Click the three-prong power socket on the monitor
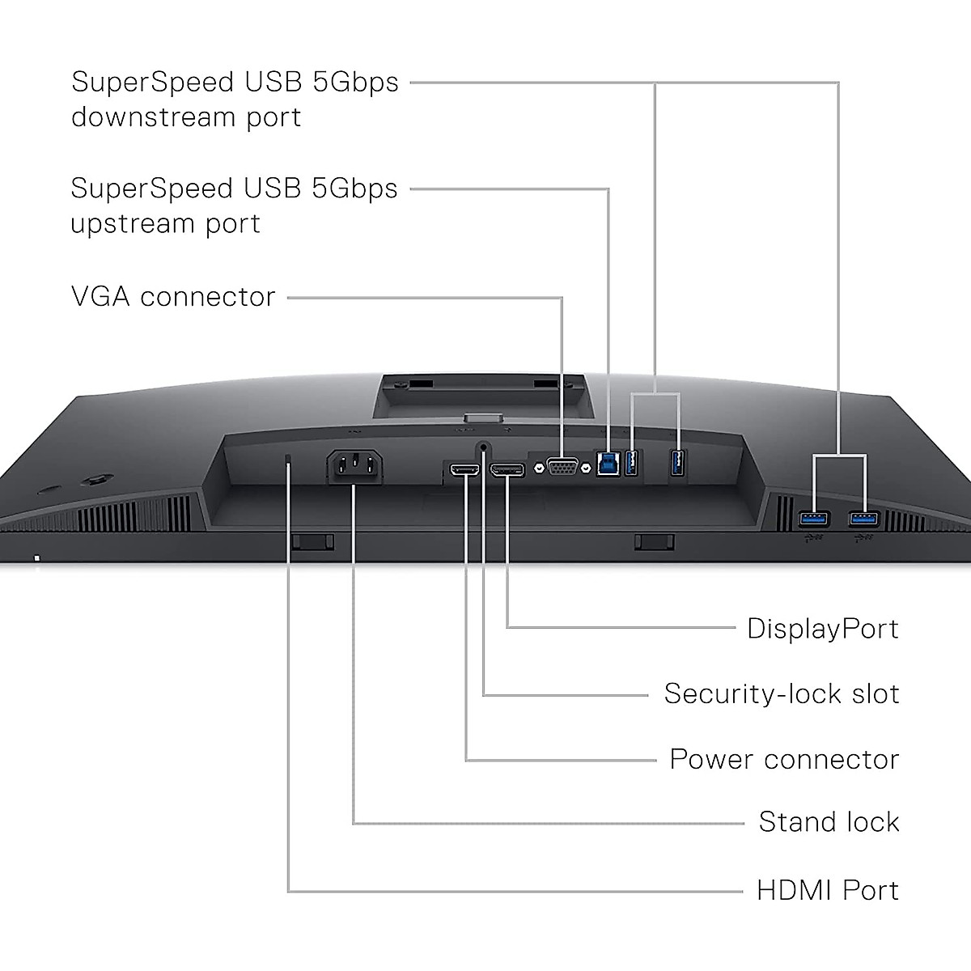point(354,468)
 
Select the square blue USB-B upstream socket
point(608,464)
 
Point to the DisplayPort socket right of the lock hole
point(507,469)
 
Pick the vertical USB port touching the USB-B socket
point(633,464)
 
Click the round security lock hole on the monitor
point(484,446)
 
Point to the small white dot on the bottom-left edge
point(36,557)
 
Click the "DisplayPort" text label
point(822,629)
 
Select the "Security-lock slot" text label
point(781,693)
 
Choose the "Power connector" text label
point(783,759)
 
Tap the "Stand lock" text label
point(829,822)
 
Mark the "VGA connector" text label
point(173,297)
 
